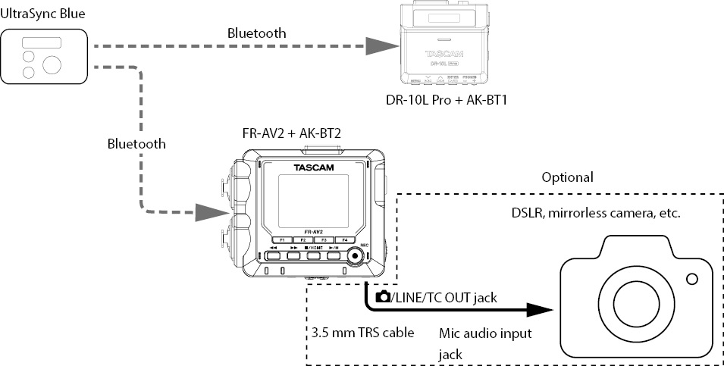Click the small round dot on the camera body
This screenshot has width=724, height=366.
691,280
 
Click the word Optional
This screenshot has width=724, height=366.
567,177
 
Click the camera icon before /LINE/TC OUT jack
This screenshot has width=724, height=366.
383,297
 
